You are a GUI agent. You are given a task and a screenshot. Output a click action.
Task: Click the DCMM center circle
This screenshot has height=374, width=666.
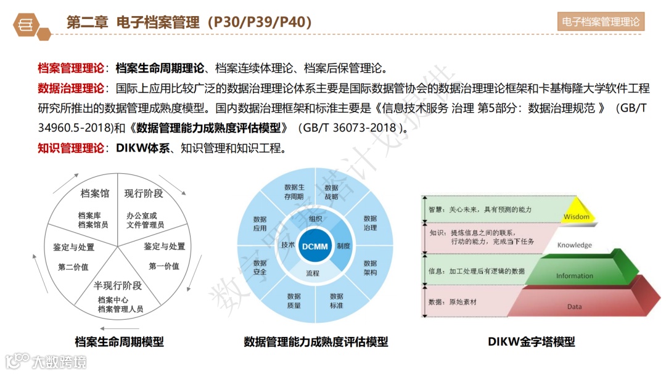(x=315, y=246)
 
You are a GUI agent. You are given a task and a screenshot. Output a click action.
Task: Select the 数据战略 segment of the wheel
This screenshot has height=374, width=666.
(x=331, y=192)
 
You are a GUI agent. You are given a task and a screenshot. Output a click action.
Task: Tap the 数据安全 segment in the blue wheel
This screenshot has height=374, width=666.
(x=260, y=267)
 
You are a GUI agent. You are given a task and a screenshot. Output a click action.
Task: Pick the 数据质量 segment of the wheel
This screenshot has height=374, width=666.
(x=294, y=301)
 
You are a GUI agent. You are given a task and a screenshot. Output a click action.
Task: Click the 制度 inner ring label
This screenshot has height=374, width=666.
(x=343, y=246)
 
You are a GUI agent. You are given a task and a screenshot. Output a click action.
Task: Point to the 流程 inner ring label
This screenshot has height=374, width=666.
(x=313, y=273)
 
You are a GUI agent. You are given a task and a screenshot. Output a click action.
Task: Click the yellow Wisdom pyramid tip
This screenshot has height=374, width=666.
(x=577, y=211)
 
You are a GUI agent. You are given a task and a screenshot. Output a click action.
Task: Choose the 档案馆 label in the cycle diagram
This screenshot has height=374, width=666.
(x=94, y=193)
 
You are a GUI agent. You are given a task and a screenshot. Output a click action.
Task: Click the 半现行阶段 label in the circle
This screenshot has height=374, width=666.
(x=118, y=285)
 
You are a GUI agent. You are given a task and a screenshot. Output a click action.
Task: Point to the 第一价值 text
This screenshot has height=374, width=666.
(x=164, y=266)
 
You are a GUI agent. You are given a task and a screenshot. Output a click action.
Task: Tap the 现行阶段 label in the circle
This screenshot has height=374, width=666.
(x=143, y=193)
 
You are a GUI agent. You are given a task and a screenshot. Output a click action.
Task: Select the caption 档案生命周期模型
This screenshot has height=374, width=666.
(x=119, y=341)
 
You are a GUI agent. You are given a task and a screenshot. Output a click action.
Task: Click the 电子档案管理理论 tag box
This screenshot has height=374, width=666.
(x=601, y=22)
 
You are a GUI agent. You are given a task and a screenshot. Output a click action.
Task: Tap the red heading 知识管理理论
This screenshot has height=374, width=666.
(x=71, y=148)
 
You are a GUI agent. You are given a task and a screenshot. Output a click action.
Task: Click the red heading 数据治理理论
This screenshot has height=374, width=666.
(x=71, y=88)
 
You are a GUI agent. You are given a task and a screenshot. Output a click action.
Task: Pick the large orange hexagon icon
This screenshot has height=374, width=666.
(x=26, y=23)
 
